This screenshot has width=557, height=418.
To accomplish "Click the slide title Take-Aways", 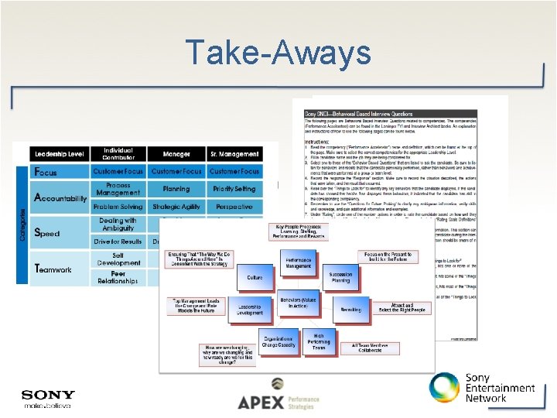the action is (x=278, y=53).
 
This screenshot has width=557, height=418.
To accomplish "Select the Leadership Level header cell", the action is (x=59, y=154).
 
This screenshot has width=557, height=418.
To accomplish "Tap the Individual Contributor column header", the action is (x=118, y=154).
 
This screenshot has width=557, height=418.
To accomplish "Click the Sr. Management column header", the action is (x=234, y=155).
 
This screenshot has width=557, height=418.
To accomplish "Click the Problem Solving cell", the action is (x=118, y=207).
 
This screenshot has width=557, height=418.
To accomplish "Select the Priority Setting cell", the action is (x=234, y=189).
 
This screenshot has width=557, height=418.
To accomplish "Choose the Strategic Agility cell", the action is (x=176, y=207).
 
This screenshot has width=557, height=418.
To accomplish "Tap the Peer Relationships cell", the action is (x=118, y=276).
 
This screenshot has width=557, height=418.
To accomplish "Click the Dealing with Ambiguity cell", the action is (x=118, y=224).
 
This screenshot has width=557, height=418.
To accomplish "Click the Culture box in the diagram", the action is (x=255, y=276).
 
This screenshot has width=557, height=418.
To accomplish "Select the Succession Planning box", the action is (x=340, y=278).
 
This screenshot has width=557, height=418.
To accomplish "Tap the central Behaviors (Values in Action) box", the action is (x=298, y=303).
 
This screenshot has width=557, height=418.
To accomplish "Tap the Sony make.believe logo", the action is (x=49, y=399).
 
